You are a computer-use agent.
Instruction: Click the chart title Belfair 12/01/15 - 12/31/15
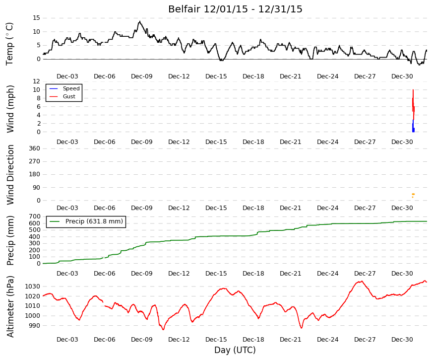click(x=235, y=9)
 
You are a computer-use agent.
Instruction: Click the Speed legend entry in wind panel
click(x=64, y=88)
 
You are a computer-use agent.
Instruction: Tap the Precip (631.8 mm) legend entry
click(x=86, y=221)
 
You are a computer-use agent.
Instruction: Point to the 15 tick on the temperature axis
click(x=36, y=18)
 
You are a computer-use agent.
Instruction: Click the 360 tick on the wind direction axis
click(x=34, y=148)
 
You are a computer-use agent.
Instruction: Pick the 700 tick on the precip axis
click(x=34, y=216)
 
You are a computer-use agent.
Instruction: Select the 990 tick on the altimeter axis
click(x=33, y=326)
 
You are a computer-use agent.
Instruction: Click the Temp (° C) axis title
click(x=9, y=44)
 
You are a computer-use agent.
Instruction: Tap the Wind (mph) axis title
click(x=10, y=109)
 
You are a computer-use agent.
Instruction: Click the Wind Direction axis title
click(x=10, y=175)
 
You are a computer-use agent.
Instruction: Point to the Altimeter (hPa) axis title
click(x=10, y=307)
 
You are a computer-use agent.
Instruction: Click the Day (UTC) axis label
click(x=235, y=350)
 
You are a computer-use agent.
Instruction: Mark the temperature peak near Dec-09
click(x=140, y=21)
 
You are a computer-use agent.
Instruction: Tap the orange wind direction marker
click(x=413, y=195)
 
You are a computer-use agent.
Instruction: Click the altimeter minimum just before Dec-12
click(x=163, y=329)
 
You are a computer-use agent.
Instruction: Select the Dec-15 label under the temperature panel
click(x=216, y=76)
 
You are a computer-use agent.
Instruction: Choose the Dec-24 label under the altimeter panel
click(x=327, y=340)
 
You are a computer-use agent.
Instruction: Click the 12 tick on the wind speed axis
click(x=36, y=81)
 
